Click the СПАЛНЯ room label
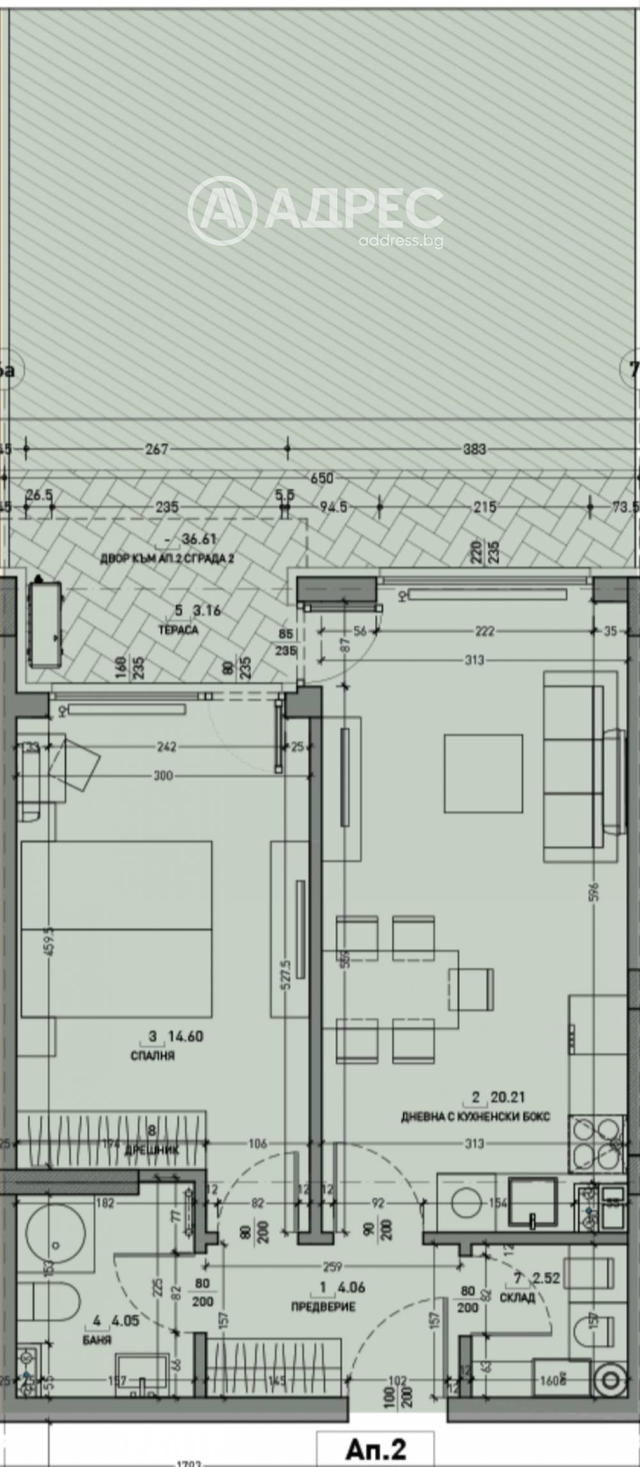point(152,1056)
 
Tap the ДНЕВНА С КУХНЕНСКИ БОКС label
point(475,1117)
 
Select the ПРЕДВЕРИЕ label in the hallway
point(323,1306)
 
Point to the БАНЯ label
point(97,1339)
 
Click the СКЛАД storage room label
point(517,1297)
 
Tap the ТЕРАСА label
point(178,630)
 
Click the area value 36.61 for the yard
point(199,539)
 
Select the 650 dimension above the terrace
point(321,478)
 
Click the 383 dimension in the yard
point(474,449)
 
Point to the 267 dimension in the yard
point(156,449)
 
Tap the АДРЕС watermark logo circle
point(222,210)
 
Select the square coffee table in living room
point(483,773)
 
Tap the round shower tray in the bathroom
point(56,1226)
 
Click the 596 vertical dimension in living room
point(594,893)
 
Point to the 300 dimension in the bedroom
point(163,775)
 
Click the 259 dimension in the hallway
point(332,1266)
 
